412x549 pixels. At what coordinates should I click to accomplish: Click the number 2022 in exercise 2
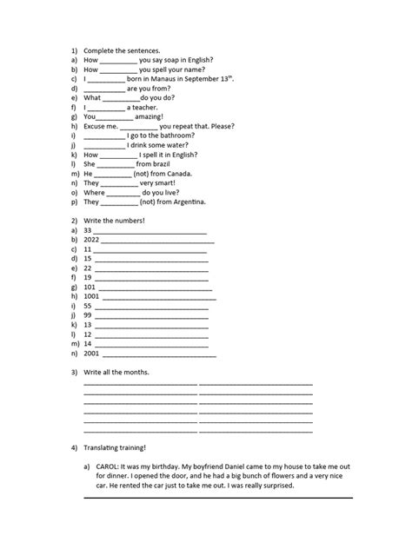point(92,240)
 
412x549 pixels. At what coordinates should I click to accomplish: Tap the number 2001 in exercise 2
point(92,354)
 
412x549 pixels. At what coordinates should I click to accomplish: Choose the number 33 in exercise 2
point(88,230)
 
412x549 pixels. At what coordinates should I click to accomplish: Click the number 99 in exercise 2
point(88,315)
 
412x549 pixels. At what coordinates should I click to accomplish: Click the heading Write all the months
point(116,373)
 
